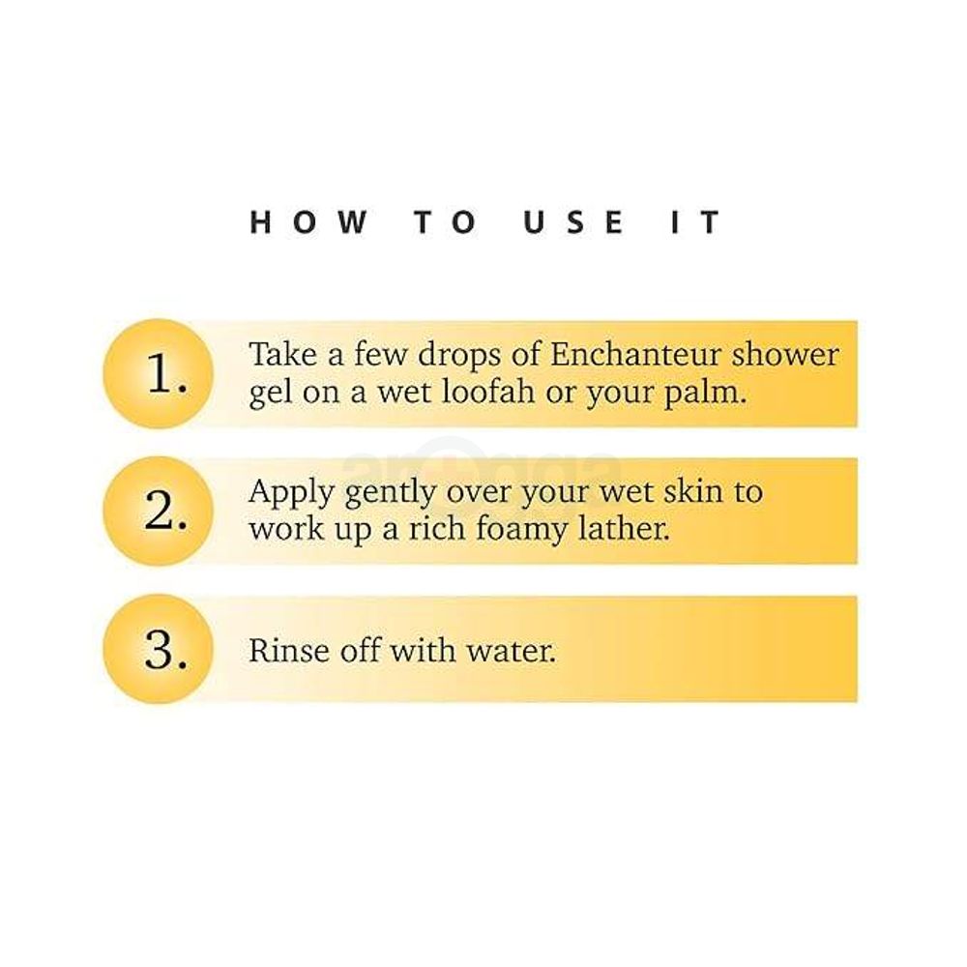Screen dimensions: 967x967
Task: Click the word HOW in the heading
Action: pos(308,222)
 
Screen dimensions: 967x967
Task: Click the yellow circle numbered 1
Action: pos(155,373)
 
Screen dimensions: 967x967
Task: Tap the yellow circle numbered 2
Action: pos(155,511)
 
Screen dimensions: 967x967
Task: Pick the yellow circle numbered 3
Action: pos(155,649)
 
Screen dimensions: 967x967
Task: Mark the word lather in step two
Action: pos(627,532)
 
